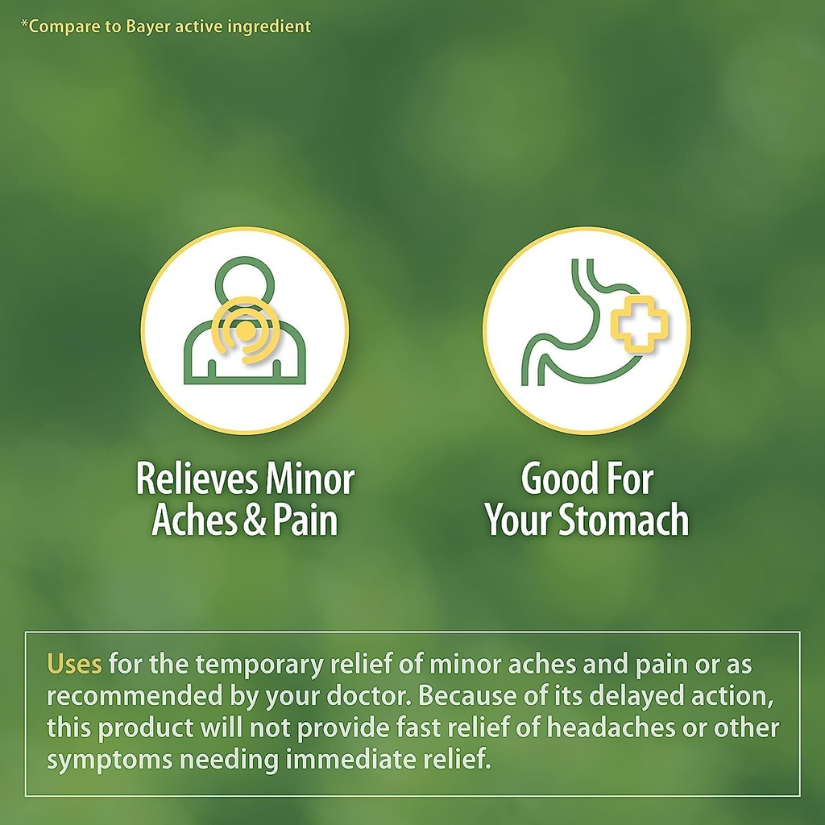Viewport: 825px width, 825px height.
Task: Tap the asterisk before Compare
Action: tap(24, 25)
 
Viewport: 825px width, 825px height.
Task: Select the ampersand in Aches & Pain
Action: tap(254, 520)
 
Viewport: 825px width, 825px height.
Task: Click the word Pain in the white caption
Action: tap(305, 520)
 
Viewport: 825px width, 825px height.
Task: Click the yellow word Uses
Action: tap(74, 665)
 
